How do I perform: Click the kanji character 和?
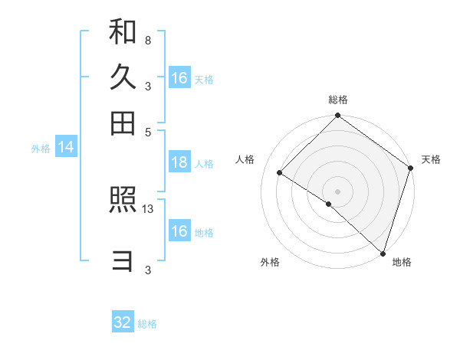(x=123, y=32)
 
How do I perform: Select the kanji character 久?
(x=123, y=77)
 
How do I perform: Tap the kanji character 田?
(x=123, y=123)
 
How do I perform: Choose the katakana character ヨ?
(x=123, y=262)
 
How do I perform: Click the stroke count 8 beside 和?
(x=147, y=40)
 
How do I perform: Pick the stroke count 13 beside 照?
(x=149, y=208)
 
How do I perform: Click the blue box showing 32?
(x=123, y=322)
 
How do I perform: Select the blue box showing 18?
(x=179, y=162)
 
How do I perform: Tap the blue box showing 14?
(x=66, y=148)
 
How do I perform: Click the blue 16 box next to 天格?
(x=179, y=78)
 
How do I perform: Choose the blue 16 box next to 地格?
(x=179, y=231)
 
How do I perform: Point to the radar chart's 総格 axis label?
(x=338, y=100)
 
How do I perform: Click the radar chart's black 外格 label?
(x=270, y=262)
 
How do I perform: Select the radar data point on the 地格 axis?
(x=383, y=252)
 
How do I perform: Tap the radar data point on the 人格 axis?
(x=280, y=172)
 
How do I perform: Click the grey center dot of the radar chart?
(x=338, y=191)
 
